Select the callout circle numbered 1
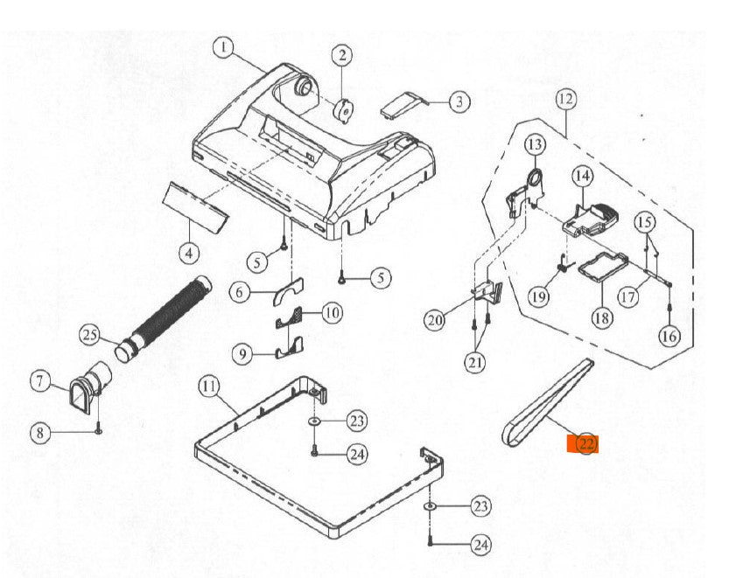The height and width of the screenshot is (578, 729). [224, 48]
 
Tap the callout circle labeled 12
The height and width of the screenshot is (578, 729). [566, 99]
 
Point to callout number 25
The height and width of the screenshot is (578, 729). [90, 335]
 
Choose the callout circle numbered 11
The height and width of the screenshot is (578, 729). [209, 386]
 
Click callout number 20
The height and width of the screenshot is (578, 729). [435, 320]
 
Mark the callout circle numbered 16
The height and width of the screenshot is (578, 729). [669, 336]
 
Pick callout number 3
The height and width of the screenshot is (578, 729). [459, 101]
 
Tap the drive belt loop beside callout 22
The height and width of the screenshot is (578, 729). [549, 402]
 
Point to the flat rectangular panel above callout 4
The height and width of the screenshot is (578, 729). [196, 206]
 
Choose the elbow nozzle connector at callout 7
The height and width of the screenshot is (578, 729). [90, 386]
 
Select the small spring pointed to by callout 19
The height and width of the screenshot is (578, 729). [563, 263]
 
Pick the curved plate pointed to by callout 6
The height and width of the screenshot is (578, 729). [288, 291]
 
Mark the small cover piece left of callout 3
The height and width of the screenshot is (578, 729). [402, 105]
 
